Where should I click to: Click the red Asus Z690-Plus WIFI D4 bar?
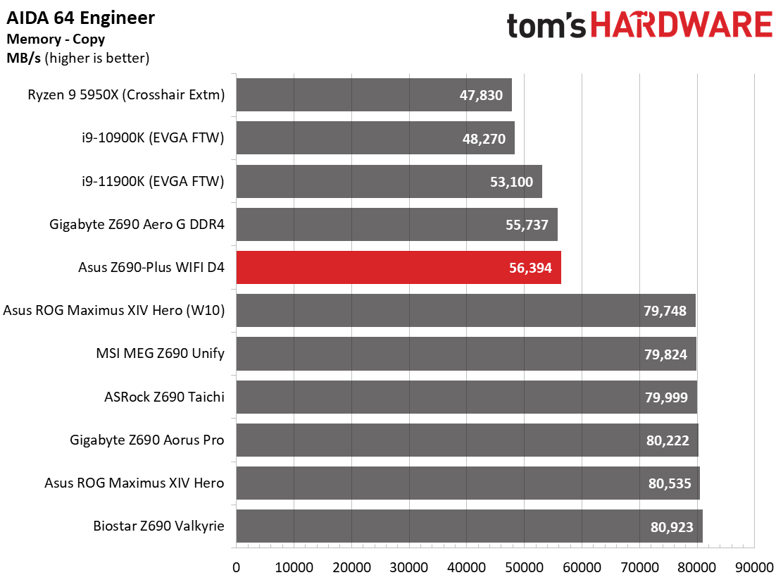[399, 267]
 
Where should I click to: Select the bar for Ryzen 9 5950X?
[374, 95]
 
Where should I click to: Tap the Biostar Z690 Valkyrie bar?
[470, 526]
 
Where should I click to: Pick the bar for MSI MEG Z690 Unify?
[466, 354]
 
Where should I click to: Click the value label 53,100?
[511, 182]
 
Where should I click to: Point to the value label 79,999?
[666, 397]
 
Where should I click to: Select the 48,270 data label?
[484, 139]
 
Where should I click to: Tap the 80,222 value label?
[668, 440]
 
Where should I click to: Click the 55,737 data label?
[527, 225]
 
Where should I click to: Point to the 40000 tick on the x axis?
[467, 567]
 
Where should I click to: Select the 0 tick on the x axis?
[236, 567]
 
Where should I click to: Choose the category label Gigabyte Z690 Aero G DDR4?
[137, 224]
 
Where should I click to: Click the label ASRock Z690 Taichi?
[164, 397]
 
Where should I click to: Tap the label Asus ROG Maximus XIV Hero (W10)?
[114, 310]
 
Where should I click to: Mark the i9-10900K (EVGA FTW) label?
[154, 138]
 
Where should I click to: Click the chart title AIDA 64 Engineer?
[80, 18]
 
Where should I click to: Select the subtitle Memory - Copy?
[56, 39]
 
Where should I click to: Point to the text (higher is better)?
[97, 58]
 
